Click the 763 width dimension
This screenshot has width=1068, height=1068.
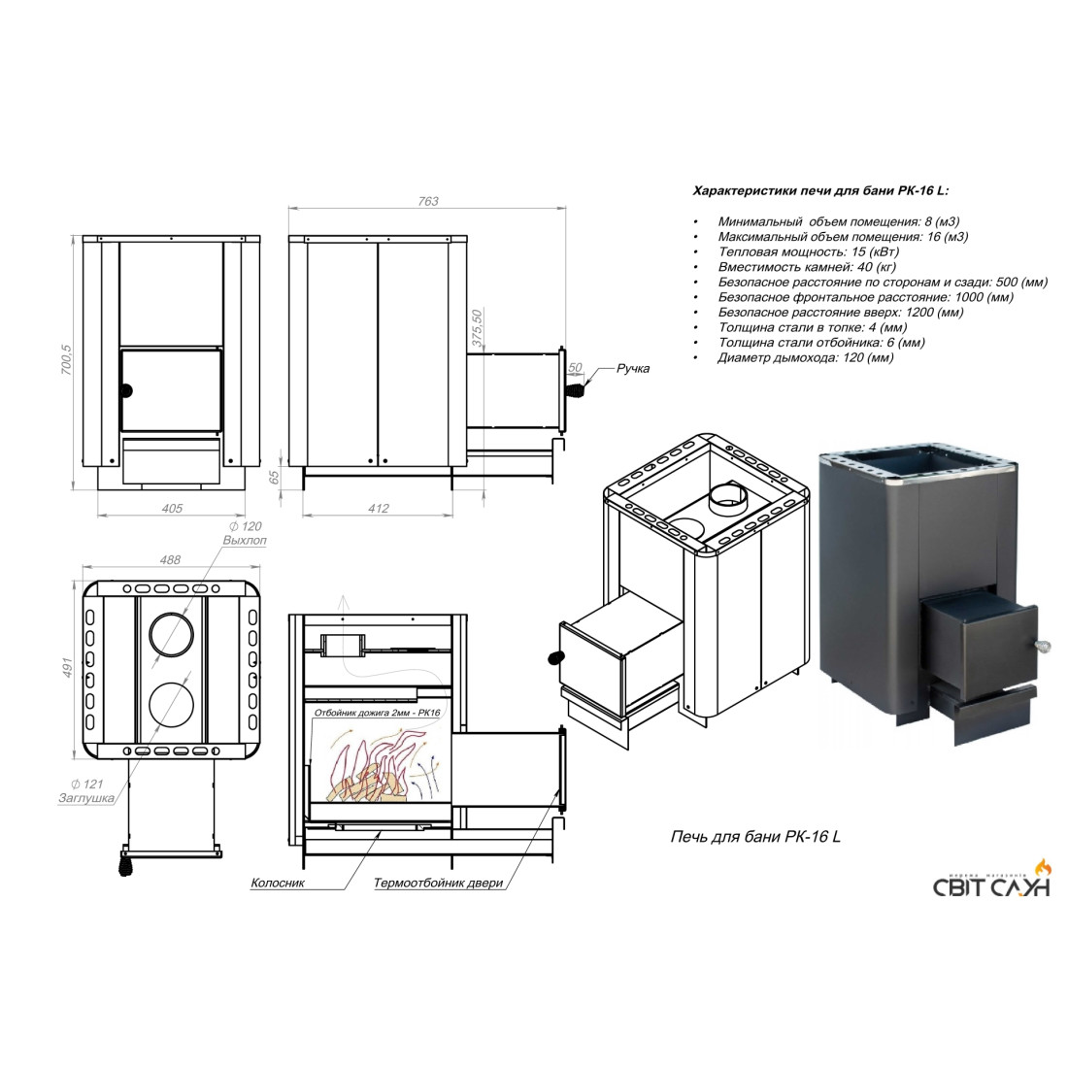click(428, 202)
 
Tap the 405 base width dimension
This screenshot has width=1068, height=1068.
click(172, 508)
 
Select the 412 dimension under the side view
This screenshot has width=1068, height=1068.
click(378, 508)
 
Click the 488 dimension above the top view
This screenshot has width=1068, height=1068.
click(170, 560)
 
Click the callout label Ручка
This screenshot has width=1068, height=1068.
click(633, 369)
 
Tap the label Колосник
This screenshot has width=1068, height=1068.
click(278, 883)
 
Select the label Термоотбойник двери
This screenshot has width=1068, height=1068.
click(438, 883)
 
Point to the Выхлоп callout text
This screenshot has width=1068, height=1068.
click(245, 540)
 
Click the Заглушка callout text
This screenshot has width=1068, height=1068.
click(86, 798)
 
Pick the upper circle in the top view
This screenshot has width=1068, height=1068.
click(171, 635)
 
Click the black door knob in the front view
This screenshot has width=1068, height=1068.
click(126, 391)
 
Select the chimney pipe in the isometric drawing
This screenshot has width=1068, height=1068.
click(729, 501)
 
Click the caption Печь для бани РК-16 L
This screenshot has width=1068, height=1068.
click(755, 836)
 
